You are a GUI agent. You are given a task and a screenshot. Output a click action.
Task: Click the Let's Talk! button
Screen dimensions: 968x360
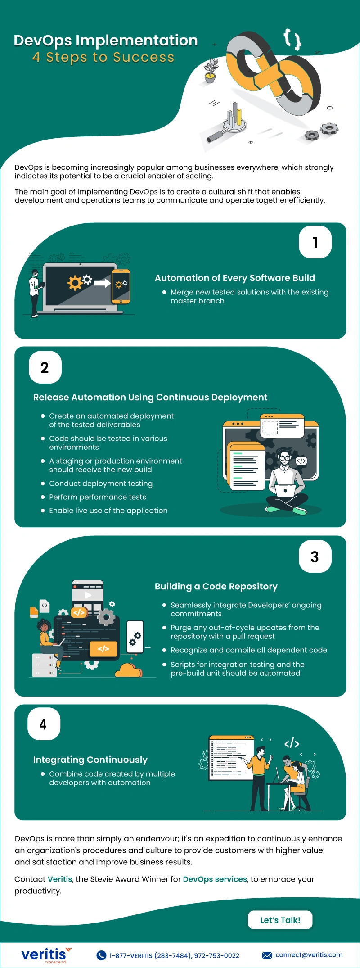click(280, 920)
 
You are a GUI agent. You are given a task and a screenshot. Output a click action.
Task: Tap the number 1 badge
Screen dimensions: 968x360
click(315, 242)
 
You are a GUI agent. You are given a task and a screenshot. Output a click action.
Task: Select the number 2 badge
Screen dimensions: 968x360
click(45, 367)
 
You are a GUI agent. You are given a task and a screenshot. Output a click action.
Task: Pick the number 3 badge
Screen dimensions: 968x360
click(315, 557)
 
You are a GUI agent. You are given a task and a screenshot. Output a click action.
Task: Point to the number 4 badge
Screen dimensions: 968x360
click(44, 724)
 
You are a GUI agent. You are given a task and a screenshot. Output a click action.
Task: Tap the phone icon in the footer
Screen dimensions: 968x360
click(102, 955)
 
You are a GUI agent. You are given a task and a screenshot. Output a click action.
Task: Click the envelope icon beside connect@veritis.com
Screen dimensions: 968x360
click(267, 955)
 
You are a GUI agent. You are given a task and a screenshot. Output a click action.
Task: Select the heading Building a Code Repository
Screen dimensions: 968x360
click(216, 586)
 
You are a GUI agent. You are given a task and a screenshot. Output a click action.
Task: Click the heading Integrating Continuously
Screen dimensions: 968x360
click(90, 760)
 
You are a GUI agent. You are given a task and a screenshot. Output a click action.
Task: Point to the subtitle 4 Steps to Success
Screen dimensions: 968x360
click(103, 57)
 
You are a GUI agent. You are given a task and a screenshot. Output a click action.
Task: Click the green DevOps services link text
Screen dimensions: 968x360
click(215, 879)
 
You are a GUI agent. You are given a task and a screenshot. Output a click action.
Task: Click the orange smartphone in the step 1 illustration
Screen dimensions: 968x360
click(121, 286)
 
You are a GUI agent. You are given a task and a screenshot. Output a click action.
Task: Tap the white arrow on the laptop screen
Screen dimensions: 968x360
click(102, 283)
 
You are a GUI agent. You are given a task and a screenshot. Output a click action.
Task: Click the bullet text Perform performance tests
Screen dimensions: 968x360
click(97, 497)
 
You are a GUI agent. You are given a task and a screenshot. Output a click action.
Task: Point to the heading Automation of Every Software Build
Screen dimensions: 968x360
click(234, 278)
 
